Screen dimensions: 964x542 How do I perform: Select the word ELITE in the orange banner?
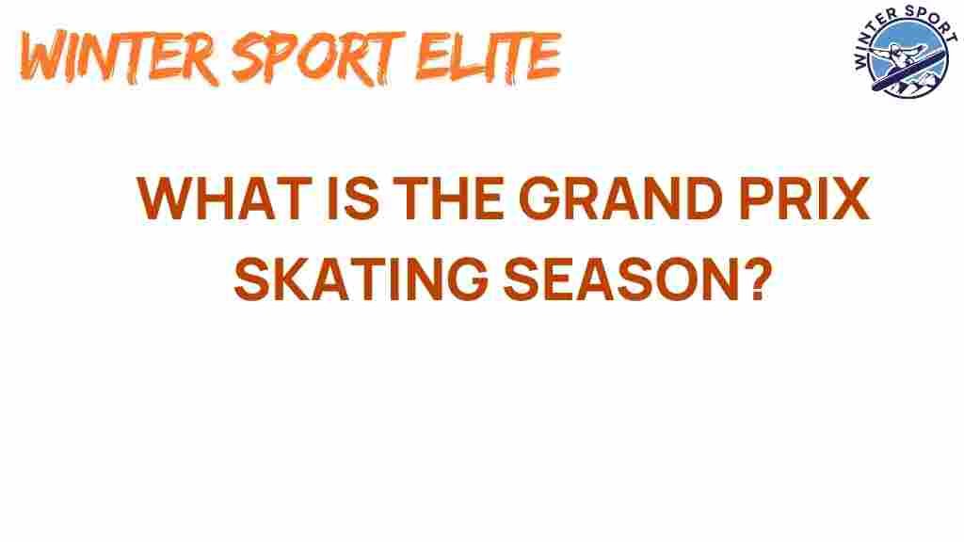point(489,56)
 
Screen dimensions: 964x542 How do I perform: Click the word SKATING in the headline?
point(361,279)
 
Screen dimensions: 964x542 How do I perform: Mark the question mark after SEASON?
point(757,279)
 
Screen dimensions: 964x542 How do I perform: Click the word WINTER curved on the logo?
point(867,44)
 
